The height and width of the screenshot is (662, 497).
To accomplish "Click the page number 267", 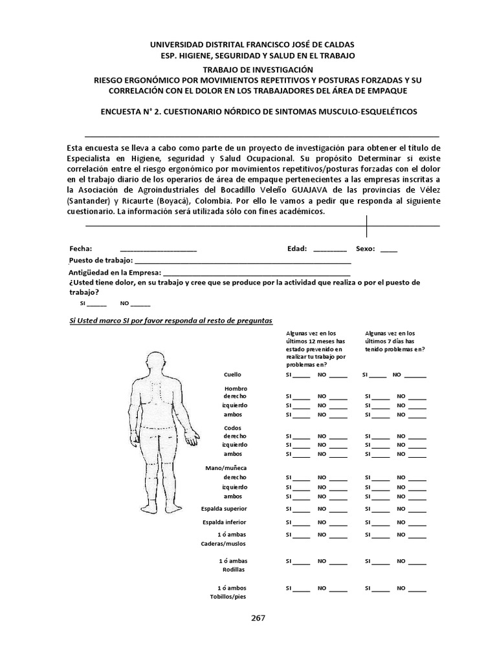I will [258, 617].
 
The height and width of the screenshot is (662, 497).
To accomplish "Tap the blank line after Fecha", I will [158, 249].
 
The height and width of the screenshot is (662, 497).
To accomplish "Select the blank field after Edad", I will [329, 249].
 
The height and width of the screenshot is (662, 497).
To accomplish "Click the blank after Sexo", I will [389, 249].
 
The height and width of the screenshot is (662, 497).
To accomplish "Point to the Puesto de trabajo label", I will [100, 260].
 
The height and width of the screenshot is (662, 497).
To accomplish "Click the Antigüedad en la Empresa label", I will [114, 272].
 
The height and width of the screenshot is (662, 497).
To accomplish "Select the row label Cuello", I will [232, 374].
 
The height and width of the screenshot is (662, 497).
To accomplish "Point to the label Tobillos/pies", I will [227, 597].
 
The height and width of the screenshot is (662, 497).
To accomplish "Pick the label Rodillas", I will [234, 570].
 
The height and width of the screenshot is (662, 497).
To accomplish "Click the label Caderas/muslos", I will [225, 544].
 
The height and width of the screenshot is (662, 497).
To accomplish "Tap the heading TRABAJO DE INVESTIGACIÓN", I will [258, 69].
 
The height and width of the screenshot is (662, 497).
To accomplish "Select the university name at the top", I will [252, 45].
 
